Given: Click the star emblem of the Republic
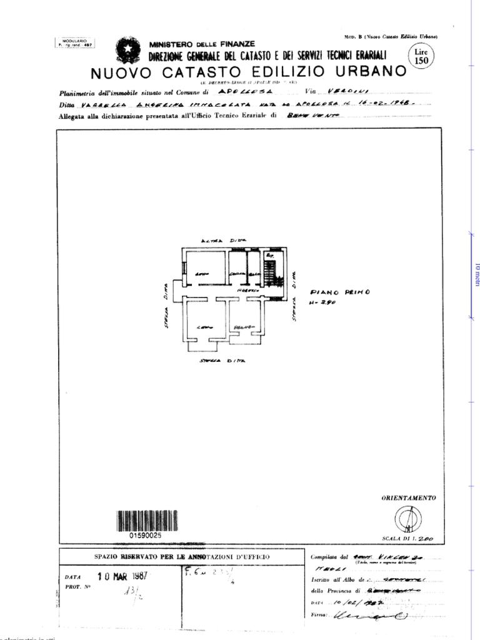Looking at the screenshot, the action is (128, 49).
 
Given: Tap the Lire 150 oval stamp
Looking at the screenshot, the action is (422, 56).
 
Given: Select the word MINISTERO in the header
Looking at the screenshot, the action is (171, 44).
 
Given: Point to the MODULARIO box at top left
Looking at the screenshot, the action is (74, 43).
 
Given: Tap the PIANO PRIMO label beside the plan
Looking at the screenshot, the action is (340, 292).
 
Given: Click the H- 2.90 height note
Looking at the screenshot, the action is (323, 303).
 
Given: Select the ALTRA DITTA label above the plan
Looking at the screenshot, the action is (223, 241).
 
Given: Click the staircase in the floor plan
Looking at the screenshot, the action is (269, 271).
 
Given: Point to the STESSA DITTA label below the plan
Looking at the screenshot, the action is (222, 361).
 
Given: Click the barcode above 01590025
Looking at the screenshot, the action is (147, 521).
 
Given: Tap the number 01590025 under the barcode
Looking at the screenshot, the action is (146, 536).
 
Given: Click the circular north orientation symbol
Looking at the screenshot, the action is (407, 519).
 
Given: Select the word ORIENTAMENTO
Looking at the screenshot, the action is (409, 498).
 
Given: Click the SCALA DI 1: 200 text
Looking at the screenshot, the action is (407, 538).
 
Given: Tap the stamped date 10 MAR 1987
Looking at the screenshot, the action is (122, 576).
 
